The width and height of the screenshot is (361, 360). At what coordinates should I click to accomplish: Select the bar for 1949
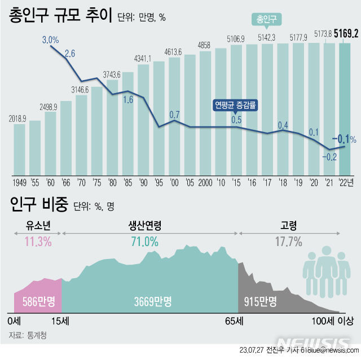point(20,148)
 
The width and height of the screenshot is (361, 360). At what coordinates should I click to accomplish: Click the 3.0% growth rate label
point(51,39)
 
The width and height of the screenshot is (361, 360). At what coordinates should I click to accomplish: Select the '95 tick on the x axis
point(159,182)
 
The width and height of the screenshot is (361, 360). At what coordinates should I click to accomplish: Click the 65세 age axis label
point(234,321)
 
